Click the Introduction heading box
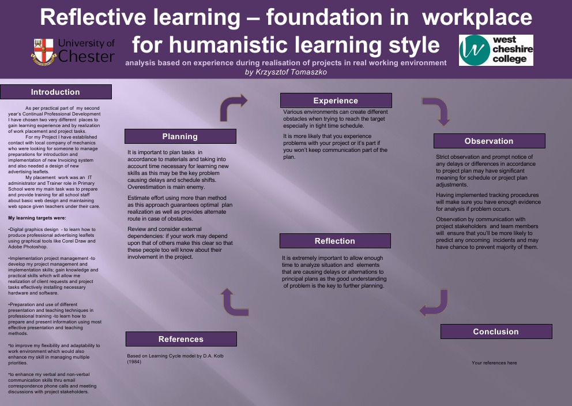click(55, 92)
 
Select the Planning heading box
click(180, 136)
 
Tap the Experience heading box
click(336, 100)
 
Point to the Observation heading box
click(489, 141)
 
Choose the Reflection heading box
click(335, 241)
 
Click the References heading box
click(181, 339)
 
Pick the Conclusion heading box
click(496, 331)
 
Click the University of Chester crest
click(44, 51)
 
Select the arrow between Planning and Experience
click(234, 106)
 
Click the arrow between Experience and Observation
click(436, 110)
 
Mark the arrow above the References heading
click(234, 301)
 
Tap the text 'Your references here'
click(494, 363)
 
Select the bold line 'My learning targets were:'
click(37, 218)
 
